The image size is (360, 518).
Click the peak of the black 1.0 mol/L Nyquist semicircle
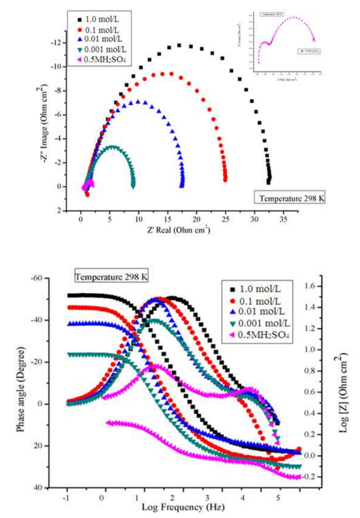point(179,46)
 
